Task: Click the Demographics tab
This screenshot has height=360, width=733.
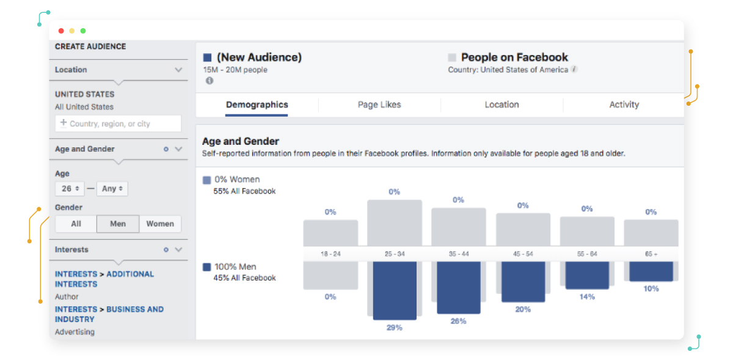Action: click(257, 105)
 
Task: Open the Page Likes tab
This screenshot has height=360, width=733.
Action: click(379, 105)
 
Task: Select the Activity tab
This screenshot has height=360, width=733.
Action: click(624, 105)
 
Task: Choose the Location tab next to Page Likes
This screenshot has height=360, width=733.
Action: click(501, 105)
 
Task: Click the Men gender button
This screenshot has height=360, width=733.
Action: click(118, 224)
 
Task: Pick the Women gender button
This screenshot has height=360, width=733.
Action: click(160, 224)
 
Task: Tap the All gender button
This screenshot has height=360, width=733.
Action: click(76, 224)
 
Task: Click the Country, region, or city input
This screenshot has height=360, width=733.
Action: click(119, 123)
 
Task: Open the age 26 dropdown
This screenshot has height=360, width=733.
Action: click(70, 189)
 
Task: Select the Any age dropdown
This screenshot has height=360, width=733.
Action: click(112, 189)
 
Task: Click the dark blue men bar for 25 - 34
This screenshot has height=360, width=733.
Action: click(394, 290)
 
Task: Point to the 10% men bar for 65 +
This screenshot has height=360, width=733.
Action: click(651, 271)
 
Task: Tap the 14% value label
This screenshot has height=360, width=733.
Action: click(586, 297)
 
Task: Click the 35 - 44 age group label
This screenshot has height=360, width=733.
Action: click(458, 254)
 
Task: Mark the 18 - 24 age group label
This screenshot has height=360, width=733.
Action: click(330, 254)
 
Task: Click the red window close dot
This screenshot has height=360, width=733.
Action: click(61, 31)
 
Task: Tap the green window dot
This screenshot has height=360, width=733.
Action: click(83, 31)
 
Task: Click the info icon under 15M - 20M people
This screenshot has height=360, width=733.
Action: click(209, 81)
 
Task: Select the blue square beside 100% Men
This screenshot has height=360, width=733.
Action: click(206, 267)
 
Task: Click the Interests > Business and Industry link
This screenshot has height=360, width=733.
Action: click(109, 314)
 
